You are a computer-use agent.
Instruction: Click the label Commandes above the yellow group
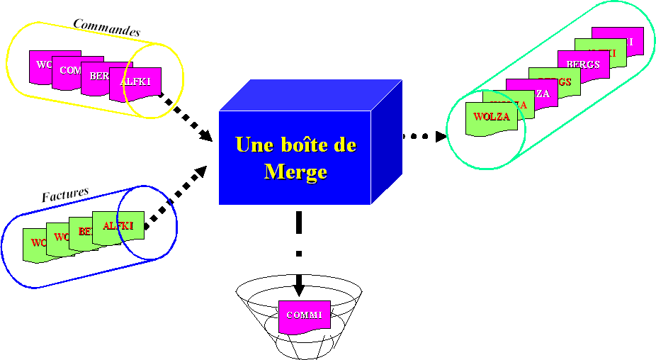pyautogui.click(x=107, y=28)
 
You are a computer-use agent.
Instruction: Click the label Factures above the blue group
pyautogui.click(x=65, y=195)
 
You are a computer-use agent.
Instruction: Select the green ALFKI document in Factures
pyautogui.click(x=118, y=227)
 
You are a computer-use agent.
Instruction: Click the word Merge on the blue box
pyautogui.click(x=295, y=171)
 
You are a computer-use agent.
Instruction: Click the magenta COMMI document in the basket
pyautogui.click(x=305, y=316)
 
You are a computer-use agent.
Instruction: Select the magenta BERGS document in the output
pyautogui.click(x=584, y=65)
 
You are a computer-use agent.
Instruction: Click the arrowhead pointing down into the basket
pyautogui.click(x=299, y=289)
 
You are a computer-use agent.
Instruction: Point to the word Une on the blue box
pyautogui.click(x=253, y=145)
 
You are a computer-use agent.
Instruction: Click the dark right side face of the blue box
pyautogui.click(x=387, y=141)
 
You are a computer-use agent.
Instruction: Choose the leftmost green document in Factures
pyautogui.click(x=34, y=244)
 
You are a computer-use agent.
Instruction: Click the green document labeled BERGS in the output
pyautogui.click(x=554, y=83)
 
